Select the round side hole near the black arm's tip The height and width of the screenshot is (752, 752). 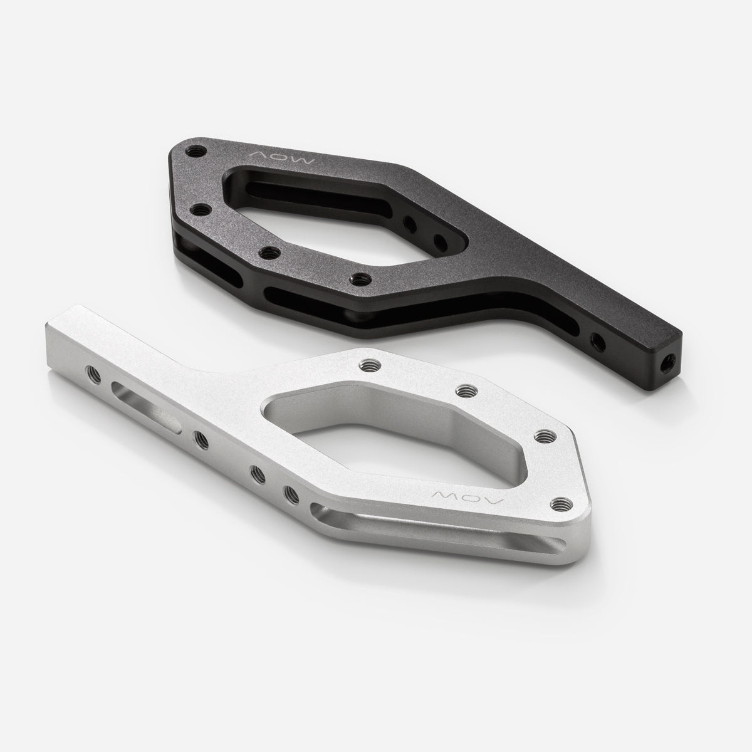(598, 342)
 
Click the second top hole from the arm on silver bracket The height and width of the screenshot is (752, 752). (464, 390)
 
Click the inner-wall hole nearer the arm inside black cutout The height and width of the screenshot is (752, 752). (440, 241)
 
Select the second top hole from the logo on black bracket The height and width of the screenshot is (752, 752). (201, 210)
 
